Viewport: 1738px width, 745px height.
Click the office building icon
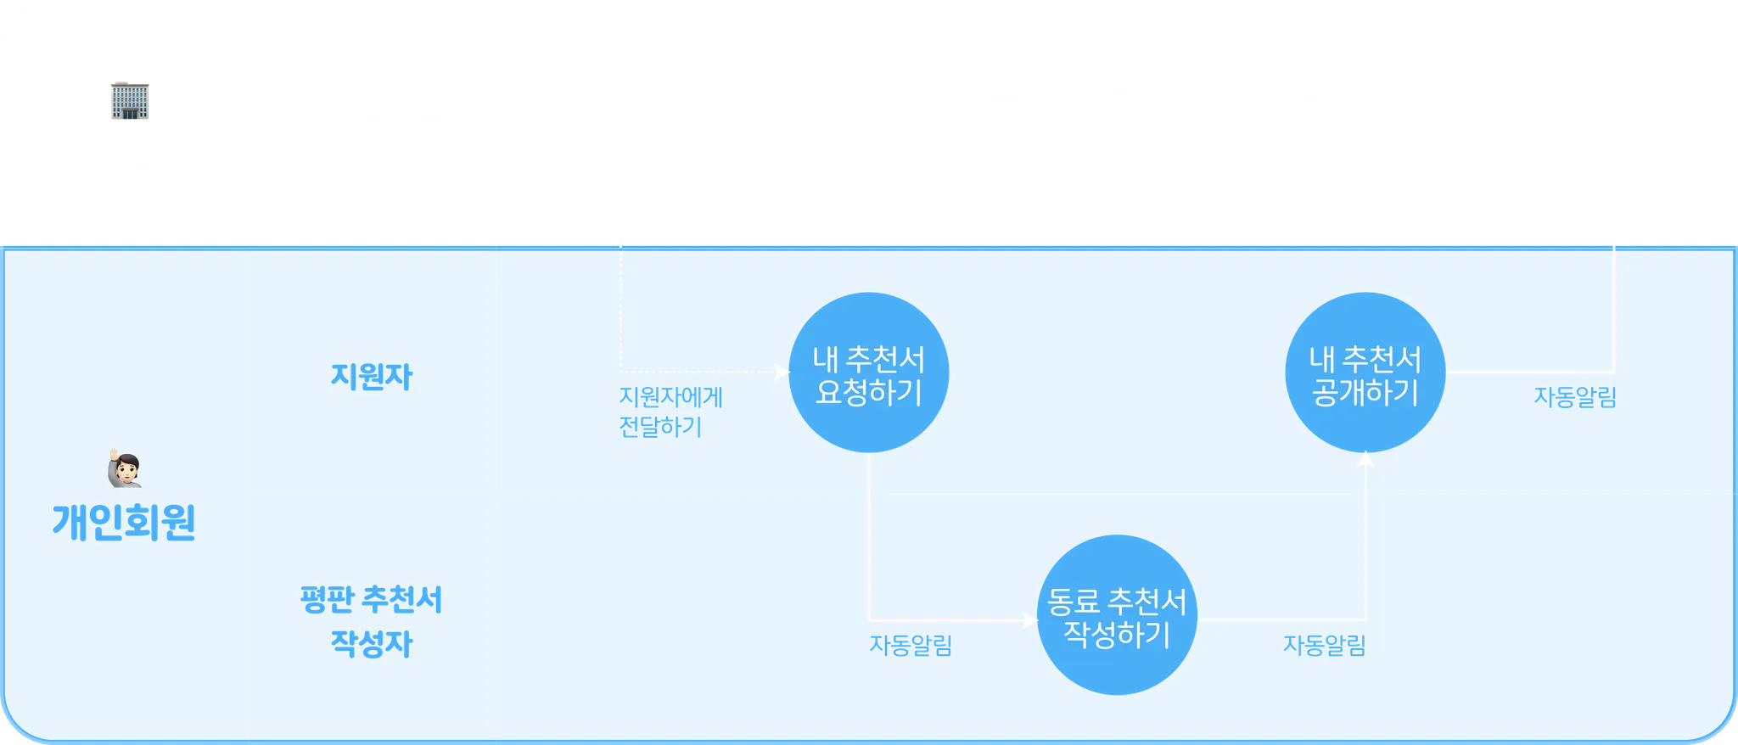(132, 99)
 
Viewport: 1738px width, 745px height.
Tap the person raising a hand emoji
(125, 468)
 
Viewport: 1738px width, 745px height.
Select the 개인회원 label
(125, 522)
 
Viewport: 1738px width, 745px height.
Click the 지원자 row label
(372, 376)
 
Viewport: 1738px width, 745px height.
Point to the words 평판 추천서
(372, 600)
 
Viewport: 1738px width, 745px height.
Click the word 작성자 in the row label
(372, 643)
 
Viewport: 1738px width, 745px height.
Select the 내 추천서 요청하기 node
(868, 373)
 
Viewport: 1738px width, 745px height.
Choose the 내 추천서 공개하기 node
(1365, 373)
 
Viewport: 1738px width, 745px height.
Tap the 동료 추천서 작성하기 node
(1117, 617)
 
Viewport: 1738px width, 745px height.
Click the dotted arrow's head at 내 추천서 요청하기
(782, 372)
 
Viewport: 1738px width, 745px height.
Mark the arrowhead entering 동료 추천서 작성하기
(1030, 620)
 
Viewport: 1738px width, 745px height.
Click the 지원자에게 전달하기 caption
(670, 412)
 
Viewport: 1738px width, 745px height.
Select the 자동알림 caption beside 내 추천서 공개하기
(1574, 397)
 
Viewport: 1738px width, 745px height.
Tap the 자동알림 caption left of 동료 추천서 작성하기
(910, 645)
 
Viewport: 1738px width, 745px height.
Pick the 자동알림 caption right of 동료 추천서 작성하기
(1324, 645)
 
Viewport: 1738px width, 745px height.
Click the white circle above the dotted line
(621, 125)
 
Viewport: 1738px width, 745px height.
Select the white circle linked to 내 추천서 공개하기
(1612, 125)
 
